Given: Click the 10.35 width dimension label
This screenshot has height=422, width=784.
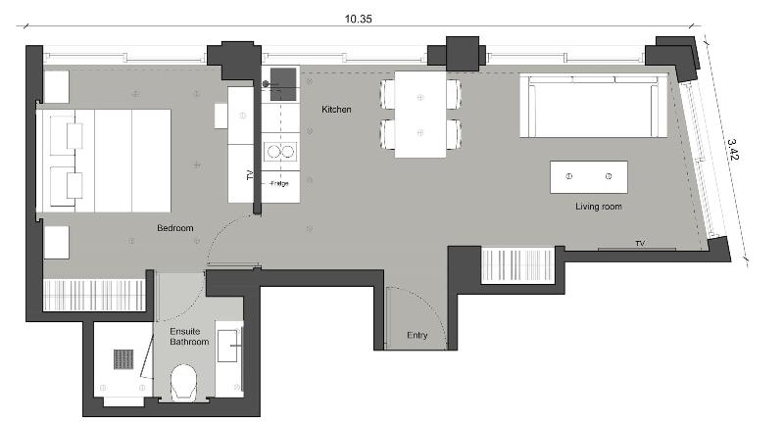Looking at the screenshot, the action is [358, 19].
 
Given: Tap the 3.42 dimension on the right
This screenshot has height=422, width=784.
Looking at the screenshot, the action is [732, 150].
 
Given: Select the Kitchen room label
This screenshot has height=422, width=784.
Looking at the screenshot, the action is [336, 110].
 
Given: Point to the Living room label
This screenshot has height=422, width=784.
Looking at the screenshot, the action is [599, 207].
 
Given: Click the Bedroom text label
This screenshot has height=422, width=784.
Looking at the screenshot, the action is [175, 228].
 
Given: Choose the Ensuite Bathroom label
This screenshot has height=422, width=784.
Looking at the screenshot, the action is [189, 337].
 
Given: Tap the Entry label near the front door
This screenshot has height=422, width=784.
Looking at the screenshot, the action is [417, 335].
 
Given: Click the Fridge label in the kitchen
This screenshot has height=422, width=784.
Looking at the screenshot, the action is [279, 183].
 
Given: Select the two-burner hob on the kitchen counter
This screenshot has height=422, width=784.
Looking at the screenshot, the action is [280, 151].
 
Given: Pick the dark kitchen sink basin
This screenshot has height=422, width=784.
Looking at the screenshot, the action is [283, 84].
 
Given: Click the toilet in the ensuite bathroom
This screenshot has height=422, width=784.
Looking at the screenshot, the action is [183, 383].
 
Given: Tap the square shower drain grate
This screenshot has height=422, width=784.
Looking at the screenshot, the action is [123, 359].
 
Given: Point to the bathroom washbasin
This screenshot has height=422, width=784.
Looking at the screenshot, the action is [227, 346].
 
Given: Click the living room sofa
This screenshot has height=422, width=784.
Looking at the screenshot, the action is [593, 106].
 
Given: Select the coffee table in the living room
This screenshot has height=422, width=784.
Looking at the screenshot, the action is [589, 177].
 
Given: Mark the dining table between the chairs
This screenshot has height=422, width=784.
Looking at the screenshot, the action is [420, 115].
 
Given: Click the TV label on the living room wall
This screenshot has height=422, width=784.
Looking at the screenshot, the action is [640, 243].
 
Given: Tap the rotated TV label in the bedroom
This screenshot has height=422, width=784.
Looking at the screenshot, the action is [250, 175].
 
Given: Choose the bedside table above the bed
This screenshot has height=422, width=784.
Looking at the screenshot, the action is [57, 87].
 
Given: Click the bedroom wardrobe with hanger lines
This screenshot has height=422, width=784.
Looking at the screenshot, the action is [94, 295].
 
